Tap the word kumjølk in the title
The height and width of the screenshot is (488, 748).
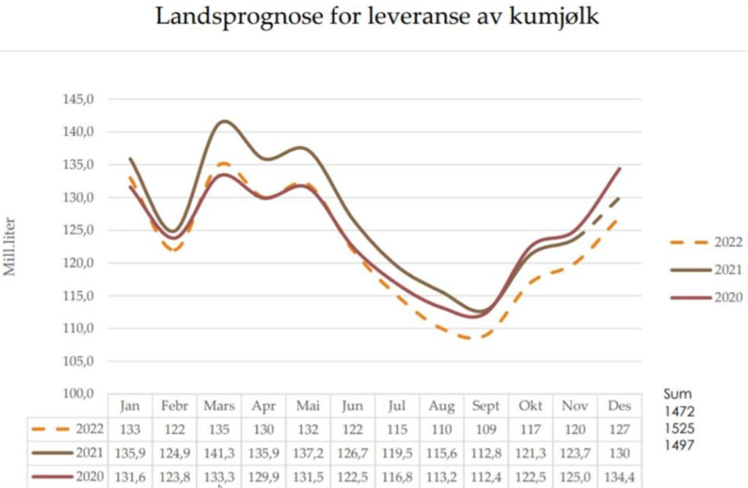[x=554, y=16]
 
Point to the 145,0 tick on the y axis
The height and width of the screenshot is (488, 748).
[x=78, y=100]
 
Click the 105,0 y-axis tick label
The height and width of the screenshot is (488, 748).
[x=78, y=361]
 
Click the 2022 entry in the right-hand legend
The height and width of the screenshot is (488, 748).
[x=726, y=243]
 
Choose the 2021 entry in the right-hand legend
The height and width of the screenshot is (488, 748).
[x=726, y=270]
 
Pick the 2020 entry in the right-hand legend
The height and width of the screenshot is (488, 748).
[x=726, y=297]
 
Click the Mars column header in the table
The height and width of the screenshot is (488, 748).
[x=219, y=406]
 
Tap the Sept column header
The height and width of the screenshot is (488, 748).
[x=486, y=406]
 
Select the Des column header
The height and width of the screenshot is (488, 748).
[x=619, y=406]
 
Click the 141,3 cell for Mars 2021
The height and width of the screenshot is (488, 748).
[x=219, y=454]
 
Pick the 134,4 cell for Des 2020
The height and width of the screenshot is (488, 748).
[x=619, y=477]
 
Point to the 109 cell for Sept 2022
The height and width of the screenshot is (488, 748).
[x=486, y=430]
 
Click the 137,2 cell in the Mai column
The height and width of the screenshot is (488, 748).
[x=308, y=454]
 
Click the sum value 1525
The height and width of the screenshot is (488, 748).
[x=680, y=428]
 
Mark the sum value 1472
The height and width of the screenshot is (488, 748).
[x=680, y=412]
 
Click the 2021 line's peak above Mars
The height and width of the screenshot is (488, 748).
[x=223, y=121]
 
